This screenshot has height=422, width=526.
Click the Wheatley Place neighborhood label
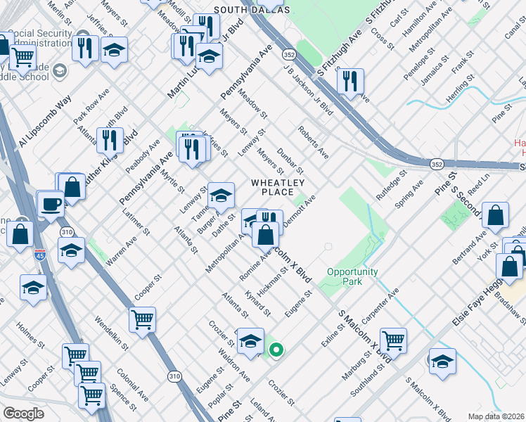pos(272,187)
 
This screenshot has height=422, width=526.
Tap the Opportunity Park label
pos(352,276)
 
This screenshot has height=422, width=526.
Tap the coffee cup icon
pos(51,203)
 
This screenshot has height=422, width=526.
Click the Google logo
pos(23,414)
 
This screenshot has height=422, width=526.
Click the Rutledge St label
pos(391,185)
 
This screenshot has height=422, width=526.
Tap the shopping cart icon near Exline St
pos(393,340)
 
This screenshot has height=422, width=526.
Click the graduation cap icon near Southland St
pos(441,362)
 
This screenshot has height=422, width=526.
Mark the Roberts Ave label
pos(313,141)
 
